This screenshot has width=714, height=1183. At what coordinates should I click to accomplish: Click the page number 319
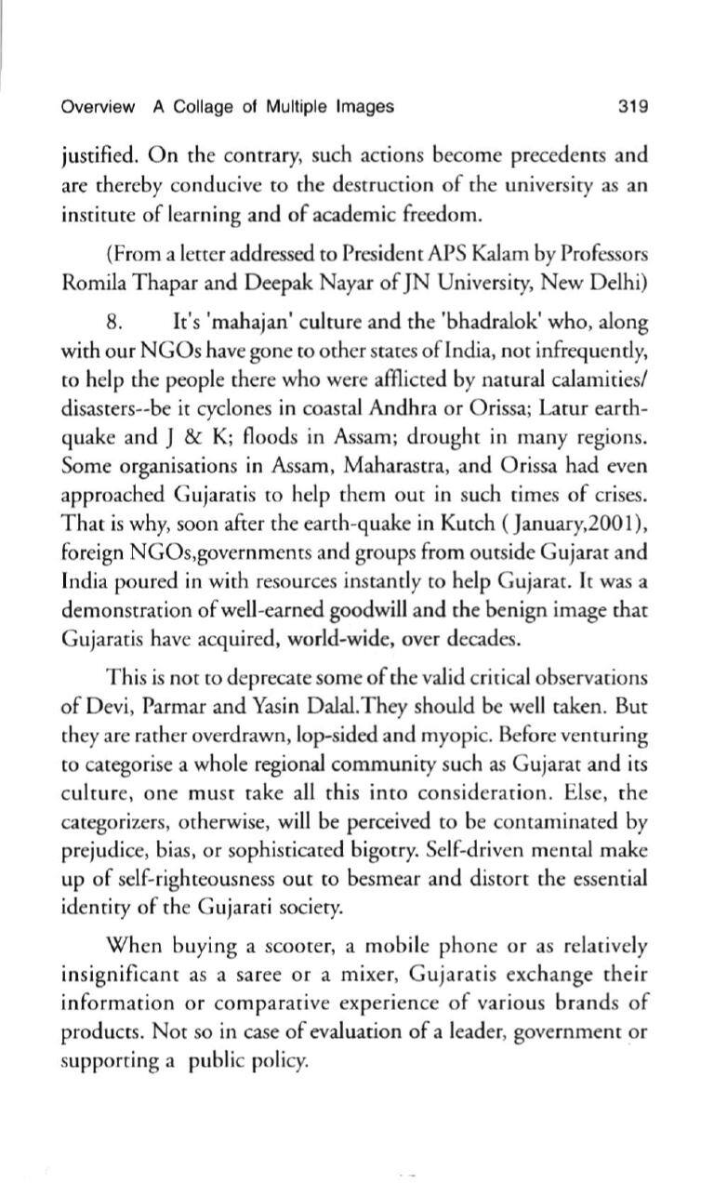[x=633, y=107]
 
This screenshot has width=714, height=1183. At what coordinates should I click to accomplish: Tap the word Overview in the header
[x=98, y=107]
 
